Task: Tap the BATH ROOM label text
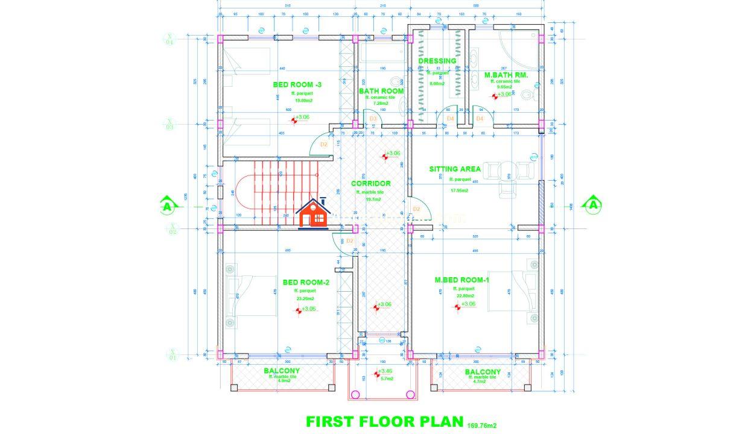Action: [x=381, y=91]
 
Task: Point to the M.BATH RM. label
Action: [x=506, y=75]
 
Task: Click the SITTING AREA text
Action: [x=455, y=169]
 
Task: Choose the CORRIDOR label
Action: [x=371, y=183]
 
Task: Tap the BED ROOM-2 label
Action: [x=305, y=282]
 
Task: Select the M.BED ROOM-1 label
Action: [x=462, y=280]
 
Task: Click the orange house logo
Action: [x=314, y=213]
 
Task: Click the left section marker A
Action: [x=167, y=206]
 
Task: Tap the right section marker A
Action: [x=594, y=205]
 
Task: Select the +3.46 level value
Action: [x=387, y=371]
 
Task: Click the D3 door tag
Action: [x=373, y=119]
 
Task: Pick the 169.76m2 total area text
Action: [x=481, y=426]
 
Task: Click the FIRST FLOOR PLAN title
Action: [x=384, y=421]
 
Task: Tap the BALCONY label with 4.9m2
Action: [x=282, y=371]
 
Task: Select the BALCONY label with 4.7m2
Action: [x=483, y=372]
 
